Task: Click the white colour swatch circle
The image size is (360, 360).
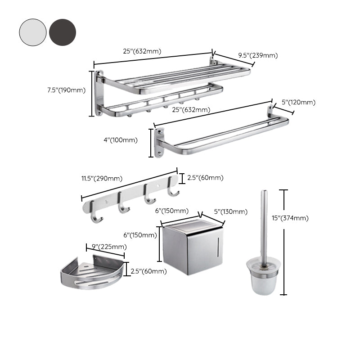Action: [32, 32]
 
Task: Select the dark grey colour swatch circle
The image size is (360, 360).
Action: [63, 32]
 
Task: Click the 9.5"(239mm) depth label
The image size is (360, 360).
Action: [258, 55]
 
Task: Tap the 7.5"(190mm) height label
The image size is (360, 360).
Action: [66, 90]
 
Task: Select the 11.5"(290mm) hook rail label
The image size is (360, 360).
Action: [101, 178]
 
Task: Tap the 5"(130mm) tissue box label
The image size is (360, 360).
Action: [230, 211]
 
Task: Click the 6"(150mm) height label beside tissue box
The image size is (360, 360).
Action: [140, 235]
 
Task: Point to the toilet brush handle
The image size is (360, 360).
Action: [264, 225]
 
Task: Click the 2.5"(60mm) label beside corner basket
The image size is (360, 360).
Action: [148, 271]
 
